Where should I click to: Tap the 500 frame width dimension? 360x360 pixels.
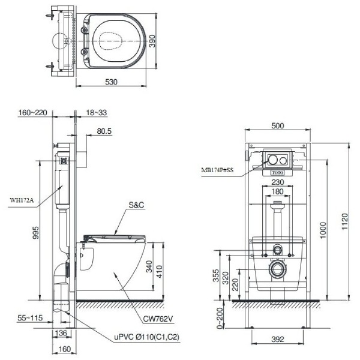[x=278, y=126]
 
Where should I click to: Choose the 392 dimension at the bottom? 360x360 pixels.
[x=277, y=339]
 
